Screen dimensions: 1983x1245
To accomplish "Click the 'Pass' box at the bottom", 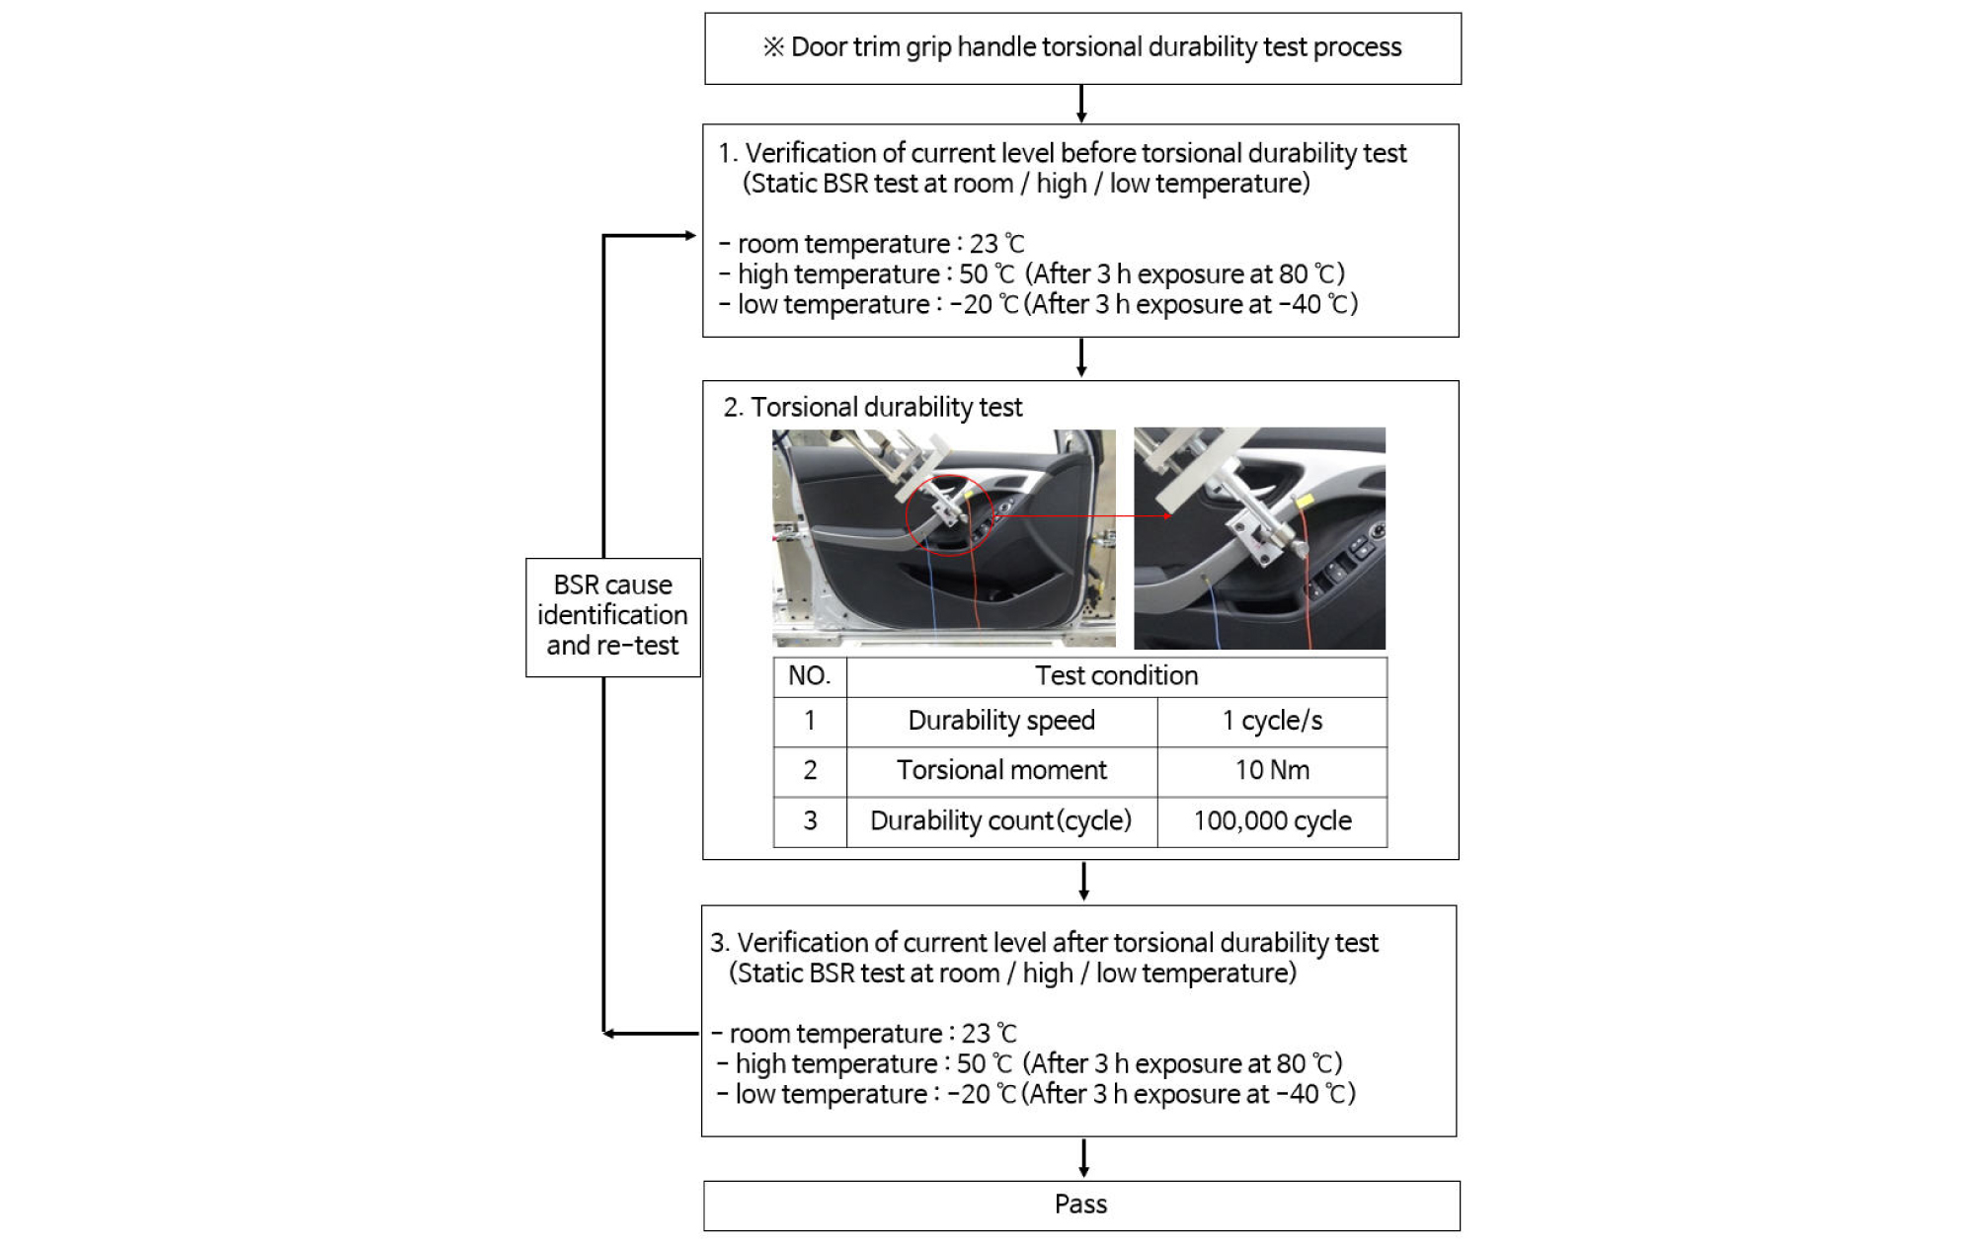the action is coord(1081,1206).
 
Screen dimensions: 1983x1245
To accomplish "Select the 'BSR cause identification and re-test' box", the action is coord(612,617).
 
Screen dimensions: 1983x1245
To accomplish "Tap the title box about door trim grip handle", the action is coord(1082,48).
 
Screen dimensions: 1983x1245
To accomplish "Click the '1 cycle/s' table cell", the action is coord(1272,722).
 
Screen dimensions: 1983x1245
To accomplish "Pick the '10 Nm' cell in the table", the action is coord(1272,771).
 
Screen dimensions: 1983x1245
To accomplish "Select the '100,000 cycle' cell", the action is coord(1272,821).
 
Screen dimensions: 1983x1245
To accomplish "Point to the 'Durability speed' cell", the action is coord(1001,722).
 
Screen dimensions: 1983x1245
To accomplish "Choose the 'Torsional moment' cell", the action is coord(1001,771).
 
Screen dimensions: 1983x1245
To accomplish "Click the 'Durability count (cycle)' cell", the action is coord(1001,821).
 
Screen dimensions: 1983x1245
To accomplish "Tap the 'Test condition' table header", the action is coord(1116,676).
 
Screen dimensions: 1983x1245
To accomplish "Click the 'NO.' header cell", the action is coord(810,676).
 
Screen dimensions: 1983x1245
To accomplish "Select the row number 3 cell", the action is coord(810,821).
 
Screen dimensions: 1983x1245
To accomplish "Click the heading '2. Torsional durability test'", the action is coord(872,408).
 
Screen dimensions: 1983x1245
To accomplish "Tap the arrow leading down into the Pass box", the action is coord(1083,1158).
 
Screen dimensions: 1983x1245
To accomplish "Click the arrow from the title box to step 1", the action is coord(1081,104).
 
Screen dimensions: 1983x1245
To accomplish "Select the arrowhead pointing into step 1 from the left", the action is coord(691,235).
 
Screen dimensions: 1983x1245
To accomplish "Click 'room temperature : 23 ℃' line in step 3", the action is coord(864,1034).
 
